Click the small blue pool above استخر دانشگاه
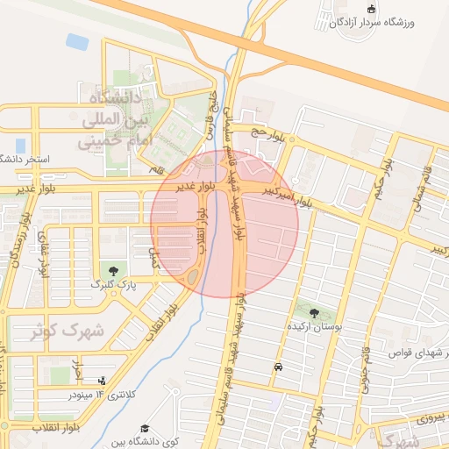[x=20, y=145]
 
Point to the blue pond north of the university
[x=77, y=41]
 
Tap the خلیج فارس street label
[x=210, y=120]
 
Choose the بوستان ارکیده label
[x=314, y=325]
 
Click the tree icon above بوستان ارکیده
[x=314, y=311]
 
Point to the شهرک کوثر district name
[x=67, y=331]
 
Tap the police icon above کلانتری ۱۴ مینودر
[x=102, y=381]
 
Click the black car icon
[x=278, y=367]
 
